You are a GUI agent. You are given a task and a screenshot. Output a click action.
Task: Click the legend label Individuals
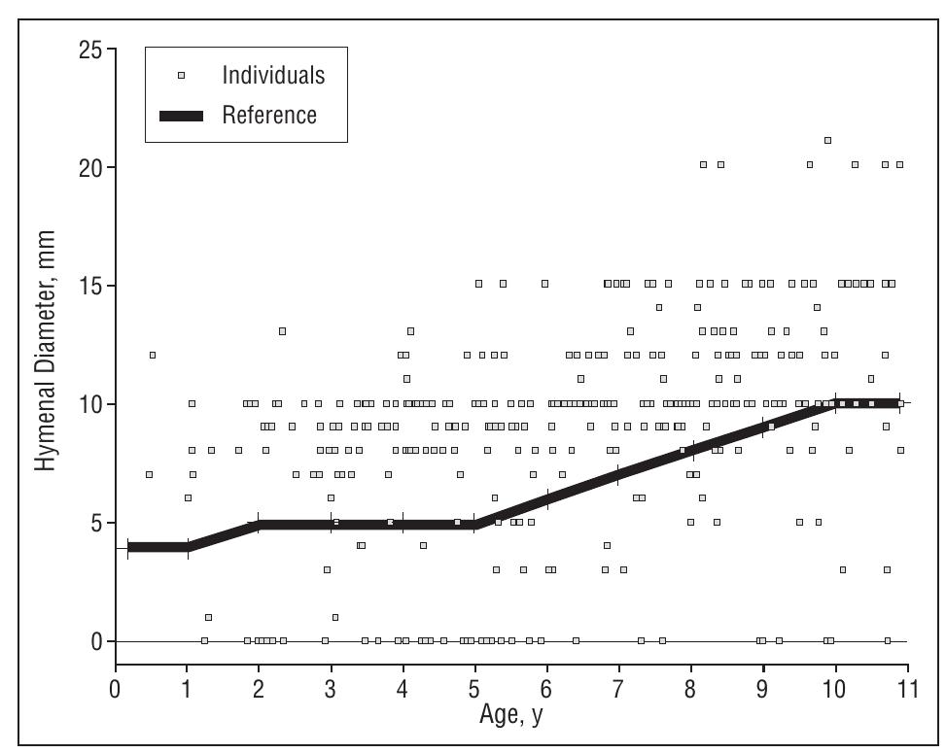[272, 75]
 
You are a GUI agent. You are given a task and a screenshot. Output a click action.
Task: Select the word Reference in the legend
[269, 116]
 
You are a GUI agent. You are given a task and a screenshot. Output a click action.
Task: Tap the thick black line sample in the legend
[181, 117]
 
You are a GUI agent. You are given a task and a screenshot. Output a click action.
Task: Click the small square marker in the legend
[181, 75]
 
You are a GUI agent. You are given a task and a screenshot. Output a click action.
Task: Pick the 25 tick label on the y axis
[90, 50]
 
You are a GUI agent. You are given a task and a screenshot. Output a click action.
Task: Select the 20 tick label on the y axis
[90, 168]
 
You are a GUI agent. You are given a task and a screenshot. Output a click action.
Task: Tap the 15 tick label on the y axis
[90, 287]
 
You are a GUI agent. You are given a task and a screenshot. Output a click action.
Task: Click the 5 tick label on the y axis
[96, 523]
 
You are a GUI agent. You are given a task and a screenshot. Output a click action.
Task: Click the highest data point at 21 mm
[827, 140]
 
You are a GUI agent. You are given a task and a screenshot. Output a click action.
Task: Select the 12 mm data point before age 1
[152, 355]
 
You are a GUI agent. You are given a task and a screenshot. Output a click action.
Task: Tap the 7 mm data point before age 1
[149, 474]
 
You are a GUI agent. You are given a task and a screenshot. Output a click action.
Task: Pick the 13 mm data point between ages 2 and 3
[282, 330]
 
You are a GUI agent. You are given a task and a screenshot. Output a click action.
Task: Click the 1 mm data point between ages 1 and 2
[208, 617]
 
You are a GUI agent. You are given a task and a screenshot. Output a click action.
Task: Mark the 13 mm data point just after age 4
[410, 330]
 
